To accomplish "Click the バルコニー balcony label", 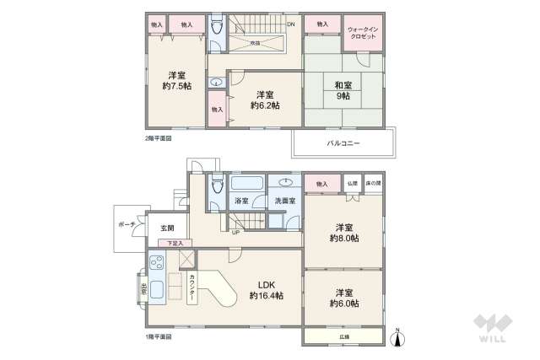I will point(343,143).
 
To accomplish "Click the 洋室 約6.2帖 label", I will point(264,99).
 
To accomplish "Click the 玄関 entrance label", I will point(166,228).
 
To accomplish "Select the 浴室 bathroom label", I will point(240,201).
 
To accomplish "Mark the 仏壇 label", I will point(352,183).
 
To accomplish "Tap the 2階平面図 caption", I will point(158,137).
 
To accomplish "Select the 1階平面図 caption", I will point(158,336).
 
